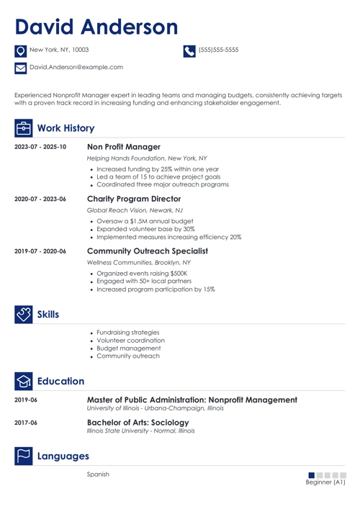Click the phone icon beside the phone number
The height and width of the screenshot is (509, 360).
coord(189,50)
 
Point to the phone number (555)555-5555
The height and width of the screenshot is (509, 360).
coord(218,50)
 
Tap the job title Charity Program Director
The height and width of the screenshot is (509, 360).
coord(138,200)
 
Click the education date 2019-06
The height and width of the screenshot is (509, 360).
coord(26,400)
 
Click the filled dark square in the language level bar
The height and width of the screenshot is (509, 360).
coord(311,475)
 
